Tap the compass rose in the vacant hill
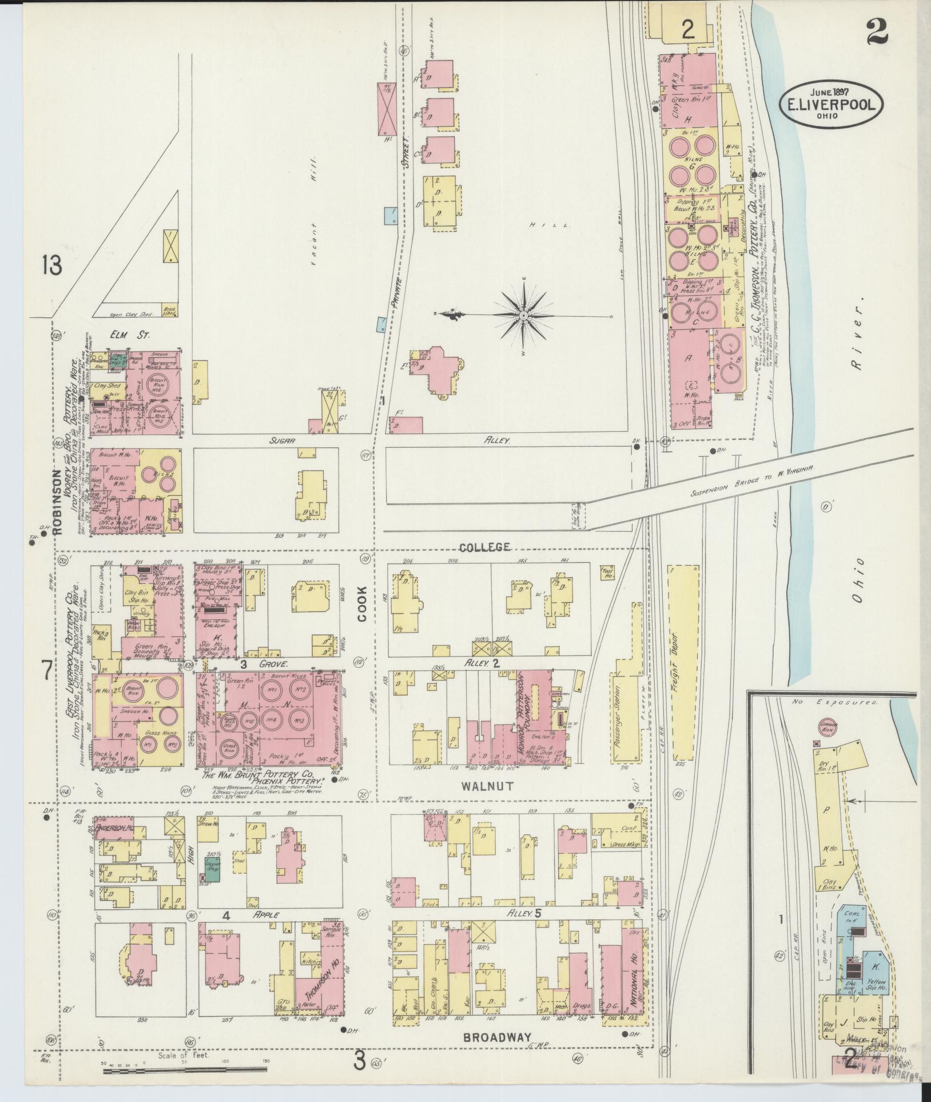pos(523,315)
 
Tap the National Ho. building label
pos(633,979)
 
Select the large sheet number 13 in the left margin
pos(51,265)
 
